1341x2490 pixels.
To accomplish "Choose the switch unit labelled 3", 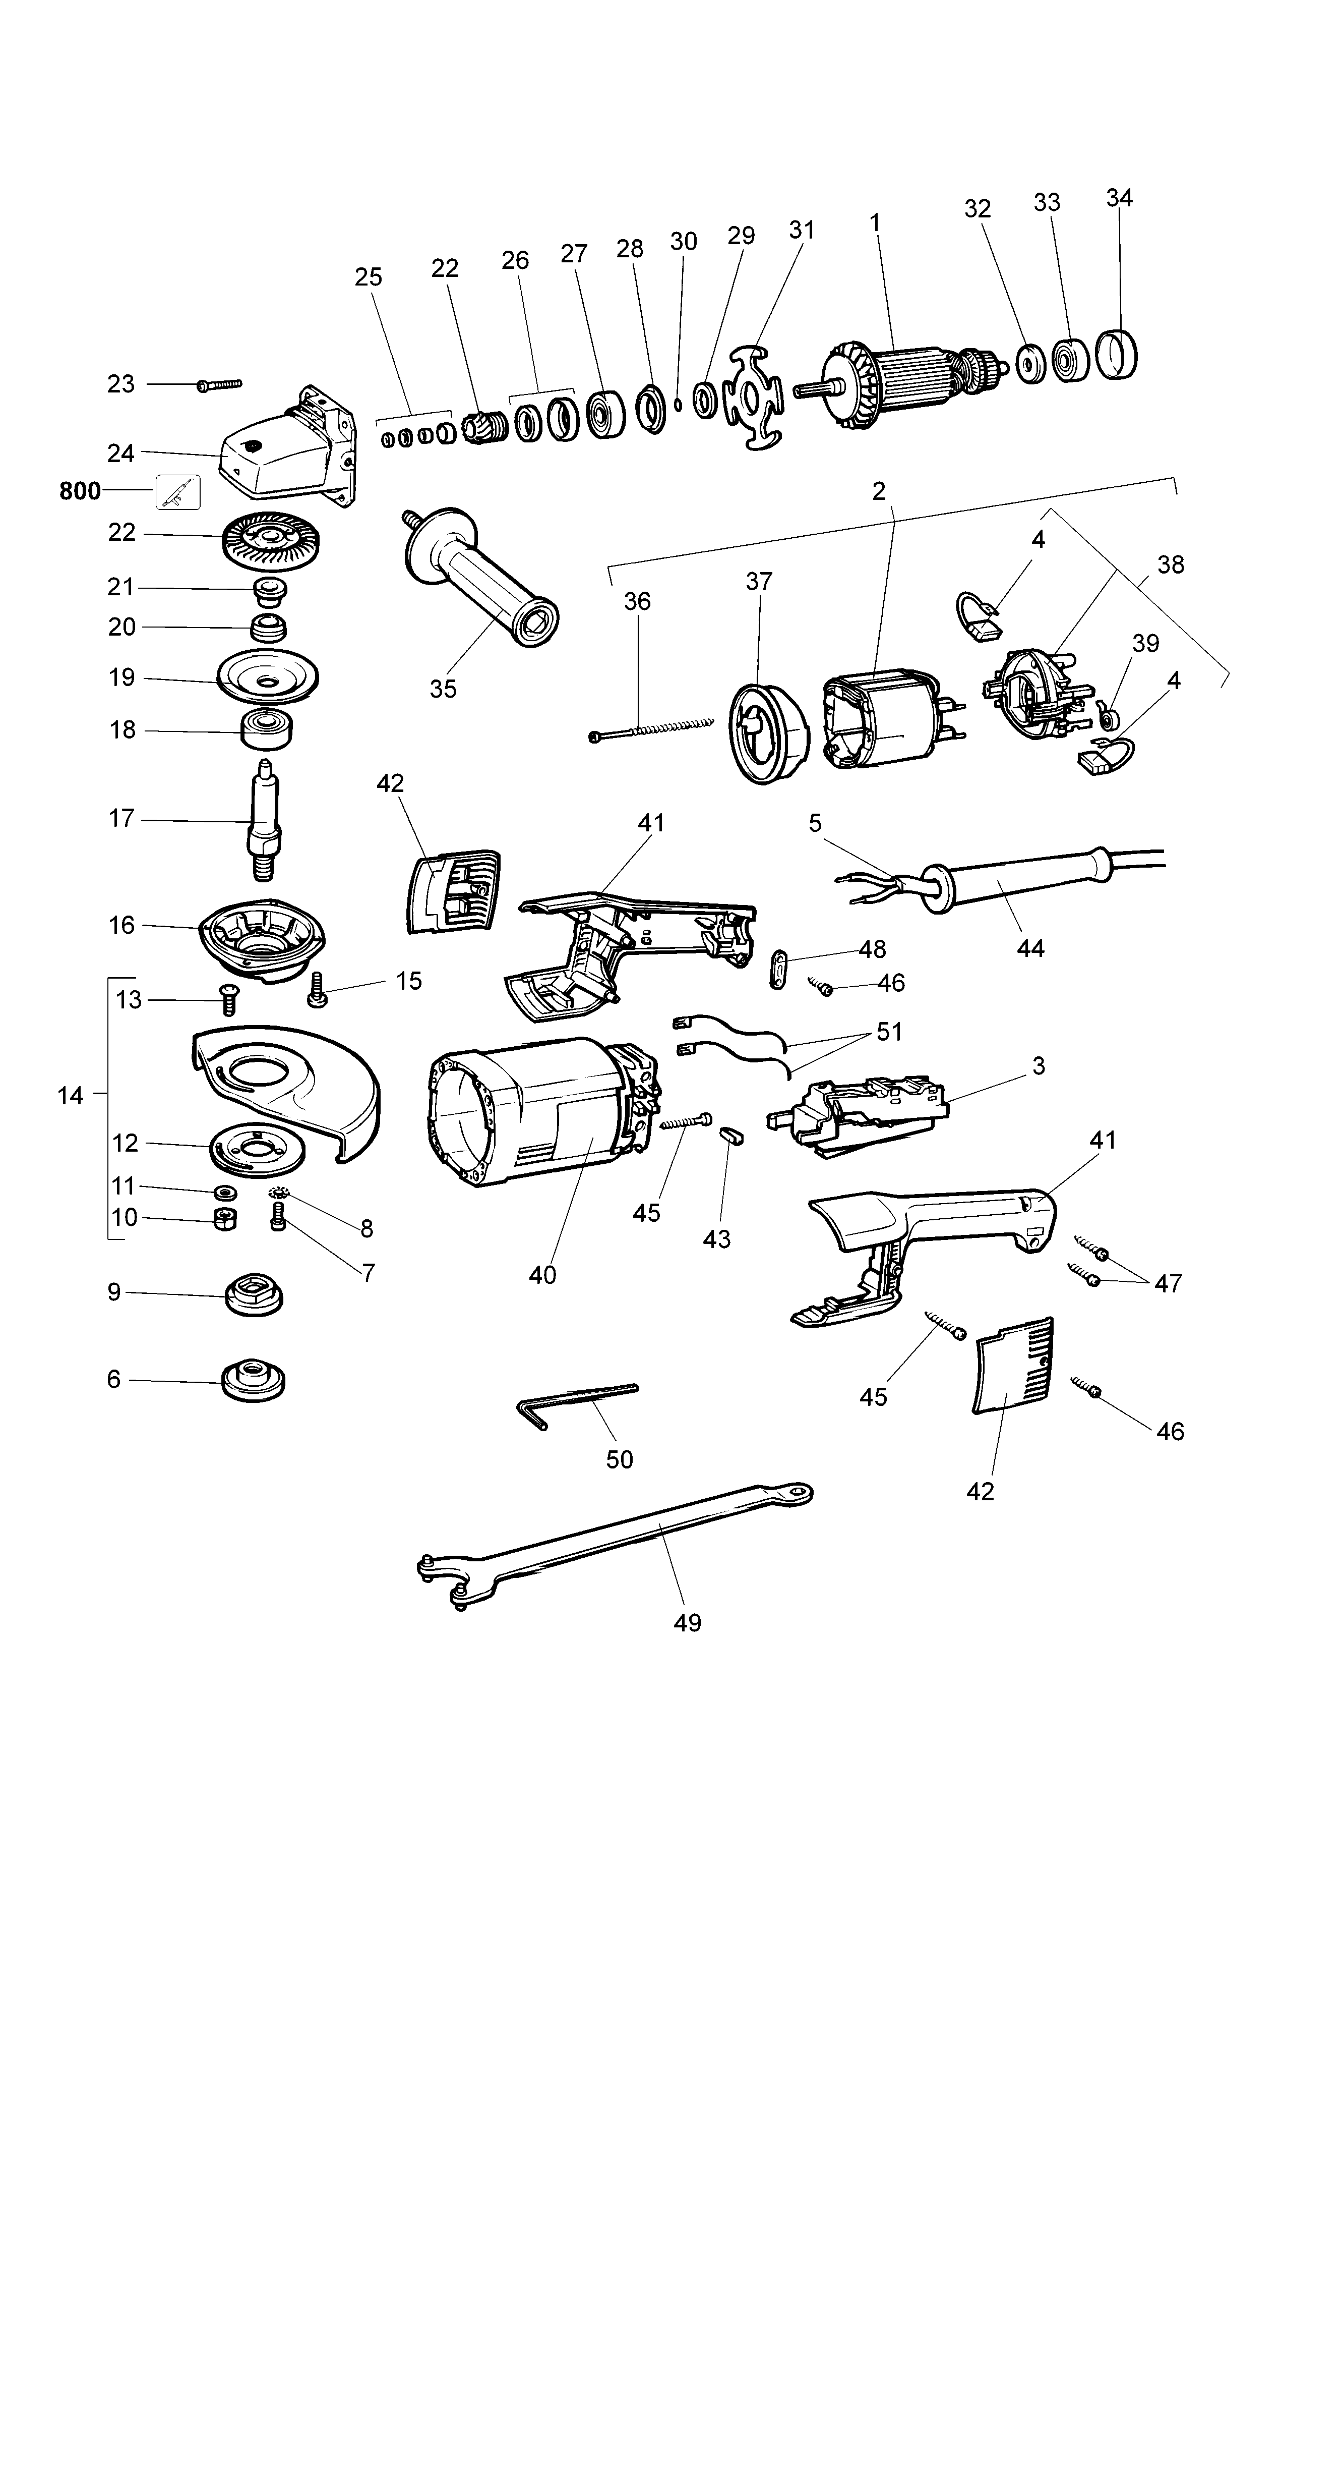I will pyautogui.click(x=860, y=1116).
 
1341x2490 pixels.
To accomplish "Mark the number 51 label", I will pyautogui.click(x=889, y=1032).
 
